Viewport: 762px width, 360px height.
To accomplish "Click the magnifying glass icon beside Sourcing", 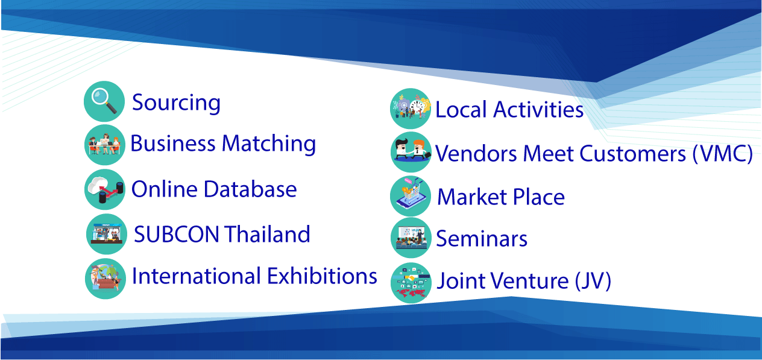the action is pyautogui.click(x=104, y=101).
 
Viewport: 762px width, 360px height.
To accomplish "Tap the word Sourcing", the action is pyautogui.click(x=176, y=103).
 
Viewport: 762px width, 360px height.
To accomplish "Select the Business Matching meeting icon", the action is pyautogui.click(x=105, y=145).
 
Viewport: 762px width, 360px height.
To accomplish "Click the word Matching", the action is pyautogui.click(x=269, y=144).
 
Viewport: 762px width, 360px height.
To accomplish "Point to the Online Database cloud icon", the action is pyautogui.click(x=105, y=189).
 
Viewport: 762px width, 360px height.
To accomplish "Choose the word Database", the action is pyautogui.click(x=250, y=189).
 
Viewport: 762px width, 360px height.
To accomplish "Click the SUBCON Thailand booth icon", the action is pyautogui.click(x=107, y=234).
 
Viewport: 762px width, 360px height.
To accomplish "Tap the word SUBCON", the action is pyautogui.click(x=176, y=235).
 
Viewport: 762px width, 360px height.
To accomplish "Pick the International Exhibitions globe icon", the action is pyautogui.click(x=105, y=279).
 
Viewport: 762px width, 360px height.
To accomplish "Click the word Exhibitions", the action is pyautogui.click(x=322, y=276).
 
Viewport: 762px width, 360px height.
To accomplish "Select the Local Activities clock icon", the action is pyautogui.click(x=411, y=109).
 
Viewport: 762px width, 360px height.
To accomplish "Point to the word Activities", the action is pyautogui.click(x=538, y=110).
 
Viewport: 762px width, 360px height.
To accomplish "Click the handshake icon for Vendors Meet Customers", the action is pyautogui.click(x=411, y=152).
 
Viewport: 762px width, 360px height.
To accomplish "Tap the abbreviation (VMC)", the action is pyautogui.click(x=723, y=154).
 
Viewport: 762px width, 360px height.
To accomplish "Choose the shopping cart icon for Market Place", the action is pyautogui.click(x=411, y=196).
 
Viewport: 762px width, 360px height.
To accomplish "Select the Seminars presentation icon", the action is pyautogui.click(x=411, y=238).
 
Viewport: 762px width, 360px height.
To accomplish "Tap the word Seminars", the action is pyautogui.click(x=482, y=239).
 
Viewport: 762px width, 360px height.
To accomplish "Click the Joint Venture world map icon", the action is pyautogui.click(x=411, y=283).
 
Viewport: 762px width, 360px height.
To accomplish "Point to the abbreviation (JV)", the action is pyautogui.click(x=593, y=281).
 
